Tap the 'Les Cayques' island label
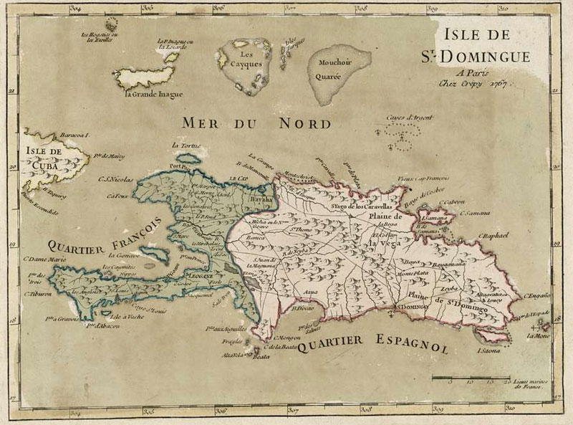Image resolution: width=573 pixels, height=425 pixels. tap(244, 59)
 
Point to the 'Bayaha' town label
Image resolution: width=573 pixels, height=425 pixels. tap(261, 198)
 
